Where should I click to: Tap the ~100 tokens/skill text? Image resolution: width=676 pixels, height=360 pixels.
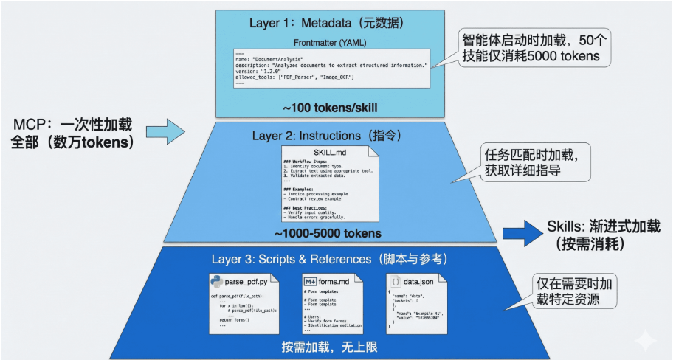pyautogui.click(x=329, y=108)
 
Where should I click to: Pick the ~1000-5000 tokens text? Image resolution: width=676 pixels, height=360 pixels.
pyautogui.click(x=328, y=234)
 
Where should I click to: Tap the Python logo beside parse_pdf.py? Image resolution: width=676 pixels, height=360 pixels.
pyautogui.click(x=218, y=281)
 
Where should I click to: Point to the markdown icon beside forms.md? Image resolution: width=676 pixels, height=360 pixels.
pyautogui.click(x=310, y=281)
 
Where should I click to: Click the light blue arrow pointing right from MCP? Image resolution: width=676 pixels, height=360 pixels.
pyautogui.click(x=165, y=131)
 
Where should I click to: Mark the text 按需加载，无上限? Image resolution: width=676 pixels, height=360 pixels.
pyautogui.click(x=329, y=345)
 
